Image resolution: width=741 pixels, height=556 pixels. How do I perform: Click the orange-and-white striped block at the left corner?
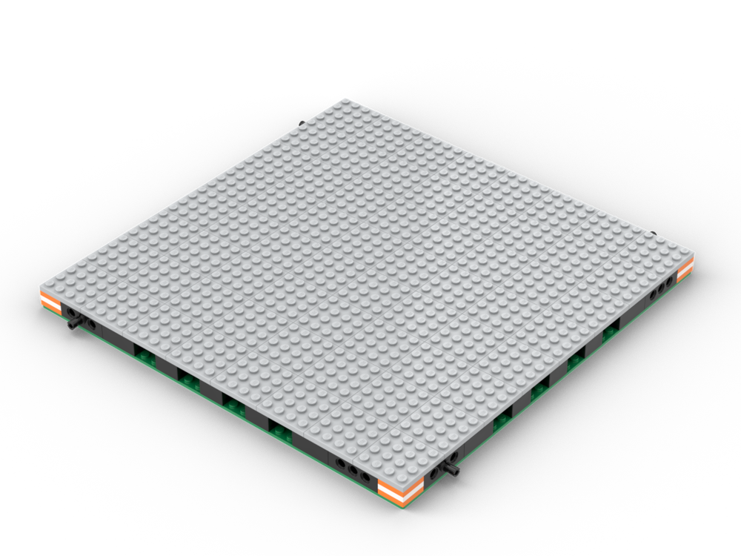50,303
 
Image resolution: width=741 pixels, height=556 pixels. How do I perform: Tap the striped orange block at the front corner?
400,490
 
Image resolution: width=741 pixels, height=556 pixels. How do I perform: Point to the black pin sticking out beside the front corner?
450,471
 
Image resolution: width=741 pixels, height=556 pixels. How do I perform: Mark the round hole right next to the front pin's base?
434,472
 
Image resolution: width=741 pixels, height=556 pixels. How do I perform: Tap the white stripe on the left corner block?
50,303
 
